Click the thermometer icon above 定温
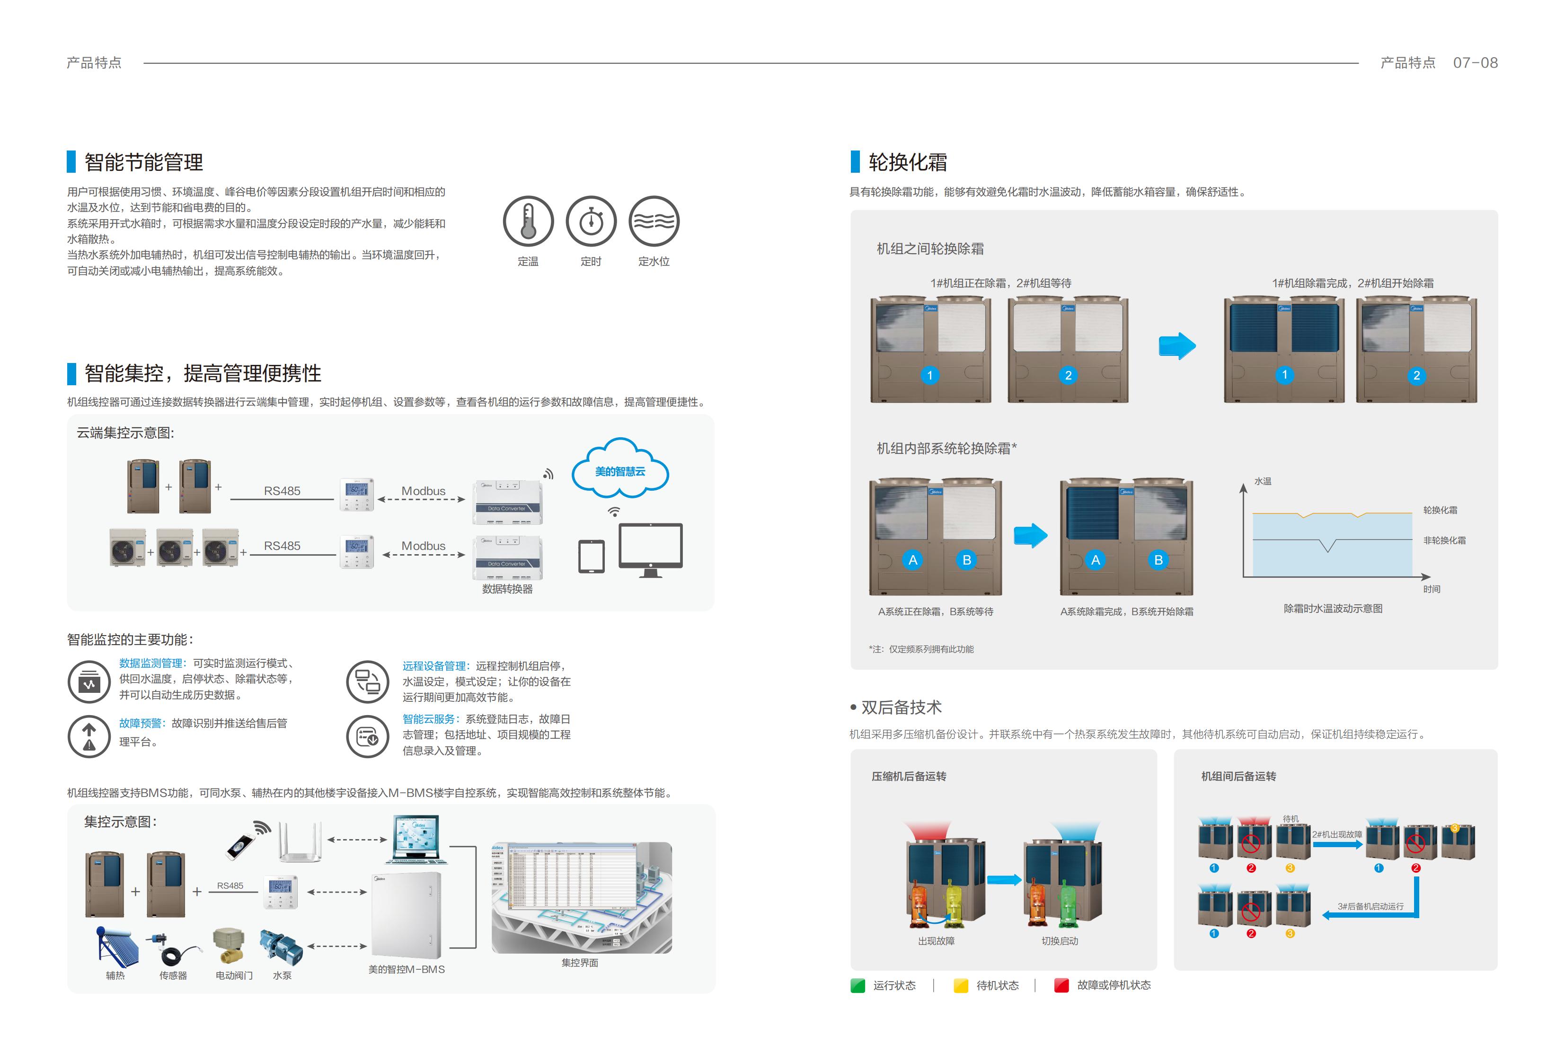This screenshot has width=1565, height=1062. click(528, 221)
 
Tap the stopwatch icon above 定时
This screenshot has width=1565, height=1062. click(591, 221)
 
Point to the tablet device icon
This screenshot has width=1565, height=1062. click(591, 556)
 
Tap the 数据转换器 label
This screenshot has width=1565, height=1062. click(507, 589)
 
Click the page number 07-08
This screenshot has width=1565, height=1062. click(1475, 62)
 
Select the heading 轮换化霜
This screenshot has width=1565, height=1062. click(907, 162)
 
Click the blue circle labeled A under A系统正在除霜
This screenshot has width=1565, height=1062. click(912, 559)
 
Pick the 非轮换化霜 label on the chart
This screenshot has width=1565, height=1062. click(1444, 540)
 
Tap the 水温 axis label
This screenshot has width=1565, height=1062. click(1263, 481)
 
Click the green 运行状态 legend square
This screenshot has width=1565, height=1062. click(857, 985)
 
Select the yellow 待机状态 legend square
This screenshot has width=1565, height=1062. click(960, 985)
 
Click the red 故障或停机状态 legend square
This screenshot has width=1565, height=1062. click(1061, 985)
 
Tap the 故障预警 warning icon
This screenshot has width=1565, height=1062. click(89, 736)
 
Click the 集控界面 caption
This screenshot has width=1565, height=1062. click(580, 962)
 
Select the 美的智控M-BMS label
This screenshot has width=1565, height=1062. click(406, 969)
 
